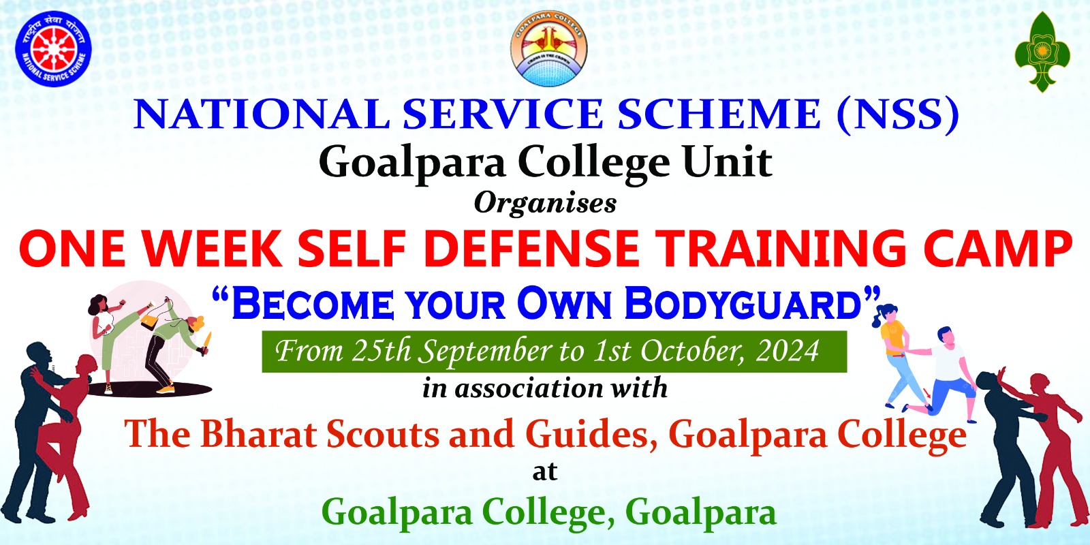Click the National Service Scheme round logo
tap(54, 48)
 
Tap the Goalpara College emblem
tap(548, 48)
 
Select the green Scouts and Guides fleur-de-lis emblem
tap(1042, 52)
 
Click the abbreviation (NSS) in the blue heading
tap(899, 115)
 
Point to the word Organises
tap(545, 204)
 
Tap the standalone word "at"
tap(545, 473)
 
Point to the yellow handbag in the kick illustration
tap(151, 320)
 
